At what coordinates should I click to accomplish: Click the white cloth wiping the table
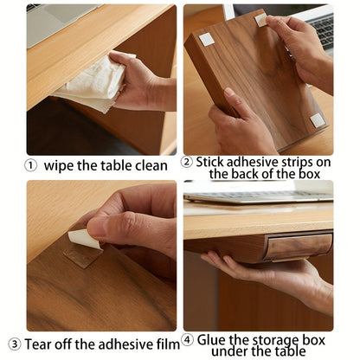[93, 84]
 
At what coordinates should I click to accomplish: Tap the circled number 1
[30, 166]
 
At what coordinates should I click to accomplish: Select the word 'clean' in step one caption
[151, 166]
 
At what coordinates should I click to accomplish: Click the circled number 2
[187, 162]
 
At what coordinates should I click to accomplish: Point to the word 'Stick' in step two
[210, 162]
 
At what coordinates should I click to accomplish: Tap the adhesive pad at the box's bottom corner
[317, 120]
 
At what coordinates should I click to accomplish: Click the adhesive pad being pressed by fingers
[261, 20]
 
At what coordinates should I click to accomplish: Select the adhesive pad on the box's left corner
[207, 40]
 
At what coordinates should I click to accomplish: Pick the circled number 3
[15, 344]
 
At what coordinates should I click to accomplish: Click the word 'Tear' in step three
[38, 344]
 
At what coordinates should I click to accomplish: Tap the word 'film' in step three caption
[168, 344]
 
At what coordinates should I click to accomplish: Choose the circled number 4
[188, 340]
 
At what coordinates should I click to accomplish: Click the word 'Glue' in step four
[210, 340]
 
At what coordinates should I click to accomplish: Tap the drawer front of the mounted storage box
[298, 247]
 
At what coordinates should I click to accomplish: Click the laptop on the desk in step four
[259, 196]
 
